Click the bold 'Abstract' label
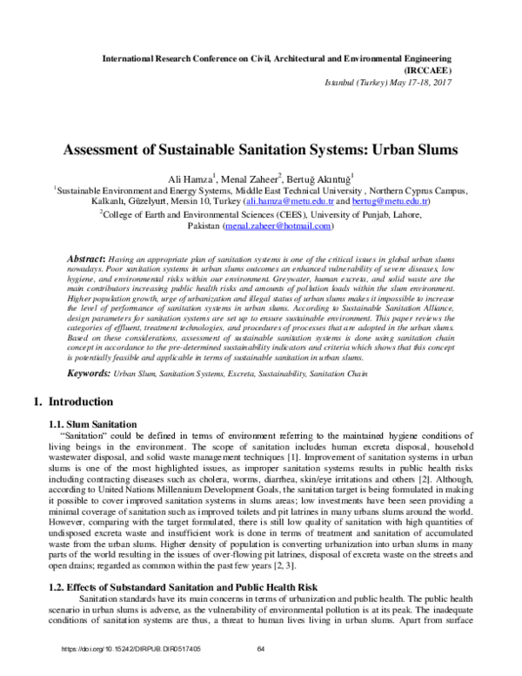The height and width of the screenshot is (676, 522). pos(88,260)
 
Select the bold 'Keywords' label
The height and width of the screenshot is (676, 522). pos(89,373)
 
